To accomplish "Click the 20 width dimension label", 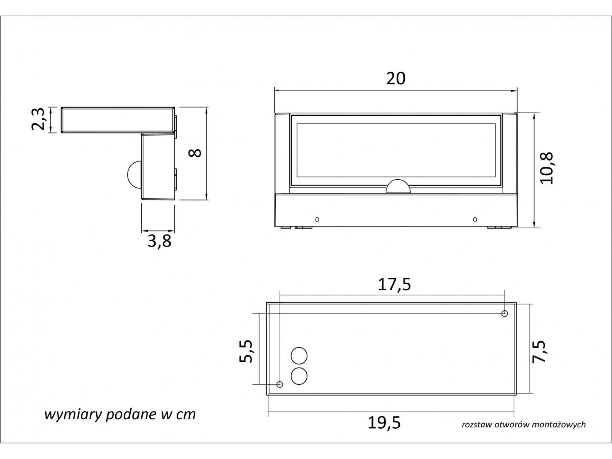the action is click(x=396, y=78).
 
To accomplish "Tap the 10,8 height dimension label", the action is click(x=547, y=168).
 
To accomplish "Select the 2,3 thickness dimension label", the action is click(x=39, y=119).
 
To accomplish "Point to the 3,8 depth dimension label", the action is click(x=159, y=241).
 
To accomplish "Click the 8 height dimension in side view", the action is click(x=196, y=153).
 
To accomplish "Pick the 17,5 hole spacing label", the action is click(x=394, y=285).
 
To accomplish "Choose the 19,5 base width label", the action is click(x=384, y=423).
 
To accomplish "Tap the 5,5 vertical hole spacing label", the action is click(x=246, y=351).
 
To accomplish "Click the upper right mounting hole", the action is click(x=505, y=313).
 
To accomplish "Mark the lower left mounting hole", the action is click(x=279, y=384).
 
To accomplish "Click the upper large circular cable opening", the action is click(x=299, y=356).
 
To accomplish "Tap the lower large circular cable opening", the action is click(x=299, y=376).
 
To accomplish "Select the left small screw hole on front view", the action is click(x=317, y=219).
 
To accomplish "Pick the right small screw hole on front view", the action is click(x=475, y=219).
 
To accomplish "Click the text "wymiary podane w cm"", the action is click(x=120, y=415).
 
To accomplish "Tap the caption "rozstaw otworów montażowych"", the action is click(x=524, y=424).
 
